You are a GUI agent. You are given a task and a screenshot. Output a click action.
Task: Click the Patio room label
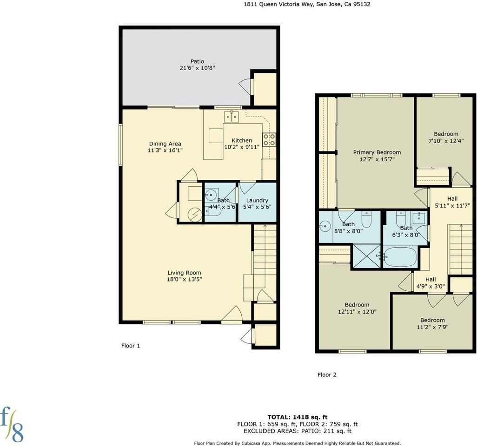197,61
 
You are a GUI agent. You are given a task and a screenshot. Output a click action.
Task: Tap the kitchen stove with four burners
269,140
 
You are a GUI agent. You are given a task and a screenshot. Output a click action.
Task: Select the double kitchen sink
231,117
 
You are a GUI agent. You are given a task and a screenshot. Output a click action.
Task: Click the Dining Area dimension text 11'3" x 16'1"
165,150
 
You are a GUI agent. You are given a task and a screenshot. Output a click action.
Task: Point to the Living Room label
185,273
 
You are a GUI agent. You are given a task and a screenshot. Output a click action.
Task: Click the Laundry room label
257,200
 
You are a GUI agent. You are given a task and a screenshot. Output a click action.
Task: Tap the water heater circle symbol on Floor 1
195,215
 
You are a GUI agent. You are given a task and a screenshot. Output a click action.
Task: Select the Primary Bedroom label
377,152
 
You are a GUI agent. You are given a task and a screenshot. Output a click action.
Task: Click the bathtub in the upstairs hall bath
400,256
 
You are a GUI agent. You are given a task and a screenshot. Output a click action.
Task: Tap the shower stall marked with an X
366,256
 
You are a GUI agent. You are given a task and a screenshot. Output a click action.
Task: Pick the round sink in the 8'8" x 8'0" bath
325,226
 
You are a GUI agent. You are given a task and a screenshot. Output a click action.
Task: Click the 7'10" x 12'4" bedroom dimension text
446,141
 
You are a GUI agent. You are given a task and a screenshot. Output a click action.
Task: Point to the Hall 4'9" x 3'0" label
431,283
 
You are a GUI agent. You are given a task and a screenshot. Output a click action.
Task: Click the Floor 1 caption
131,346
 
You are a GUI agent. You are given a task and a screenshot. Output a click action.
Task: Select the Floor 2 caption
327,375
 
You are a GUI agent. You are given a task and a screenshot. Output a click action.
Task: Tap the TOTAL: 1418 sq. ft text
298,417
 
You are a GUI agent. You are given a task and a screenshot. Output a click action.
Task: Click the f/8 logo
12,425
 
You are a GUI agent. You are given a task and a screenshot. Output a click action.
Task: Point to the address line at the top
307,4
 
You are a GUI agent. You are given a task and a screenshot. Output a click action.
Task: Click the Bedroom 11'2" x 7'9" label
432,323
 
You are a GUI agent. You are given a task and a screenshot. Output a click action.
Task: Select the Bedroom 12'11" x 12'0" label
357,308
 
